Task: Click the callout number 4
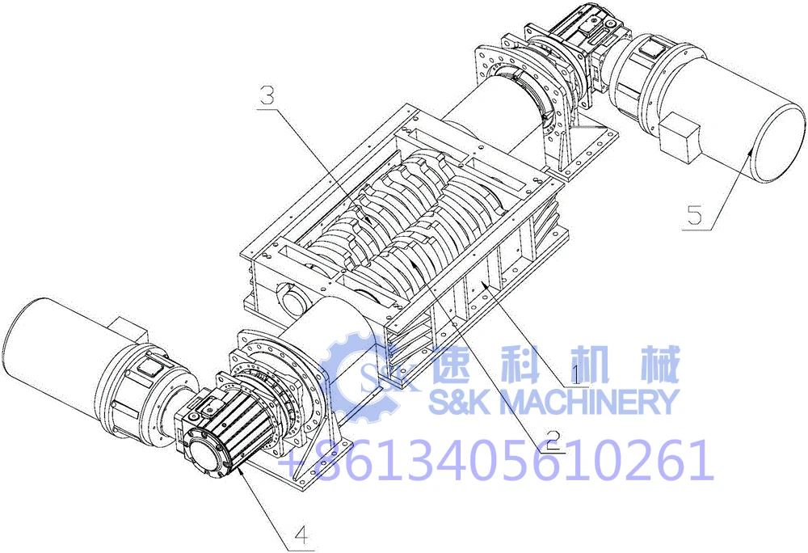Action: click(301, 534)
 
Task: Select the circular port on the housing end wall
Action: click(292, 302)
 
